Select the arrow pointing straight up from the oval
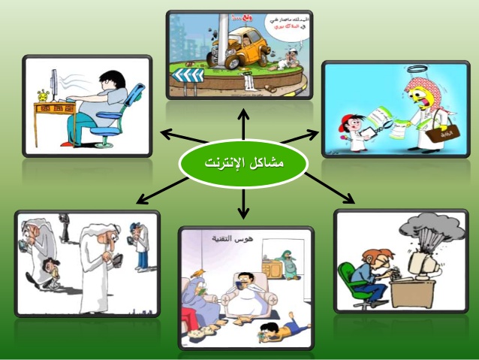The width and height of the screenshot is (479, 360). coord(243,124)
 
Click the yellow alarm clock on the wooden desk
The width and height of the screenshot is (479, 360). coord(43,95)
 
